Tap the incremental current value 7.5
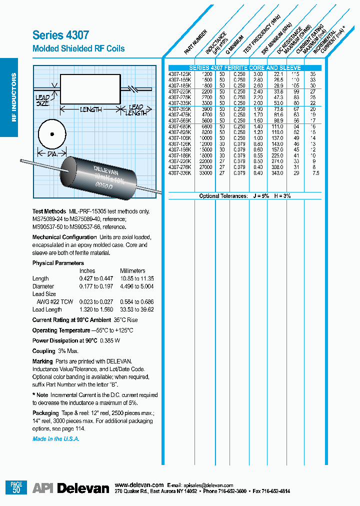click(x=312, y=173)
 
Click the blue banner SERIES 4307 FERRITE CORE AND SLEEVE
click(x=244, y=67)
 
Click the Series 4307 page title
click(x=60, y=35)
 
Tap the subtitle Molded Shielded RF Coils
click(x=78, y=48)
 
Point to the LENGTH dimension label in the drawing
click(x=90, y=109)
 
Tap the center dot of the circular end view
click(x=51, y=134)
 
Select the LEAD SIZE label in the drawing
click(x=42, y=100)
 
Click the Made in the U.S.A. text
click(x=55, y=438)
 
